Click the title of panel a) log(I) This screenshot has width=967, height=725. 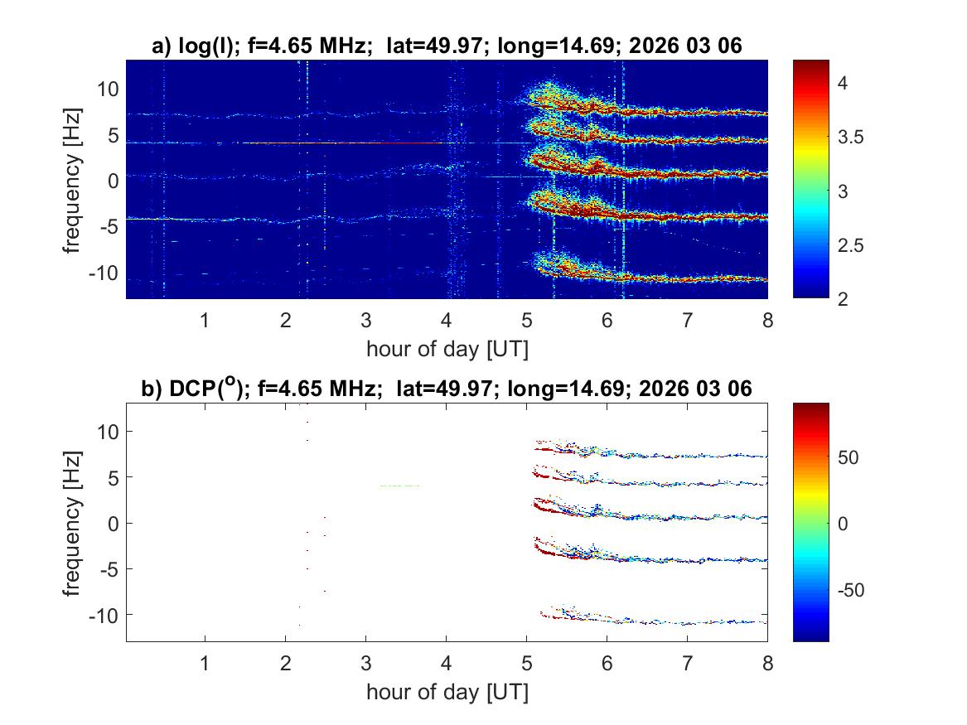pos(447,47)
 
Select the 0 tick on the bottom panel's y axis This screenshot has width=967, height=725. pos(114,523)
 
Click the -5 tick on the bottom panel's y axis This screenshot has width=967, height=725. pos(109,569)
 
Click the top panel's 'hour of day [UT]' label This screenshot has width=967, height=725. pos(447,349)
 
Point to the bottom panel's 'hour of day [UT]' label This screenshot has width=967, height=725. pos(447,692)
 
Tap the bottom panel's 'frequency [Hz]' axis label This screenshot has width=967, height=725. pos(73,523)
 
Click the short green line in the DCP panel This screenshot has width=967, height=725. pos(399,486)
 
